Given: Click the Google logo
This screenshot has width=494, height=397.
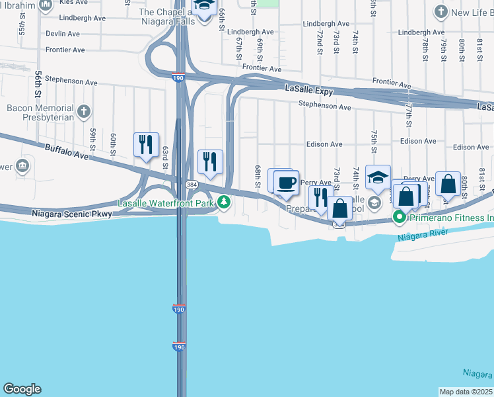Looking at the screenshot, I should (22, 389).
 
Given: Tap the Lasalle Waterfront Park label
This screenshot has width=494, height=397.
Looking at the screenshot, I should (166, 203).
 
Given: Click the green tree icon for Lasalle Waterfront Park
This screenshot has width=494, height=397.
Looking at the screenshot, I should (225, 202).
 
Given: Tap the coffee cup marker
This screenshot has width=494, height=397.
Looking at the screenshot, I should (285, 182).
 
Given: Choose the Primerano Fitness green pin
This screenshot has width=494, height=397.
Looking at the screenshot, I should (400, 216).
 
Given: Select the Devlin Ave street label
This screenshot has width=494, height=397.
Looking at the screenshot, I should (63, 34).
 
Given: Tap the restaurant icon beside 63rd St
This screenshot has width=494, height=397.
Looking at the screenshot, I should (145, 145).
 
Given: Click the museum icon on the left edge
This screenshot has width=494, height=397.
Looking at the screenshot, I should (22, 165).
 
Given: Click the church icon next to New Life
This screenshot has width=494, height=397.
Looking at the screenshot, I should (441, 11).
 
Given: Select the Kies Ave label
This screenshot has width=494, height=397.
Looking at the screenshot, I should (73, 3).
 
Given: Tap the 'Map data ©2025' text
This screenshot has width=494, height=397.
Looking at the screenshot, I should (466, 392).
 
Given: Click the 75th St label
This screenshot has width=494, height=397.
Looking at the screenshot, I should (374, 142).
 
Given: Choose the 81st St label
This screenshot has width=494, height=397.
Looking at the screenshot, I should (481, 178).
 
